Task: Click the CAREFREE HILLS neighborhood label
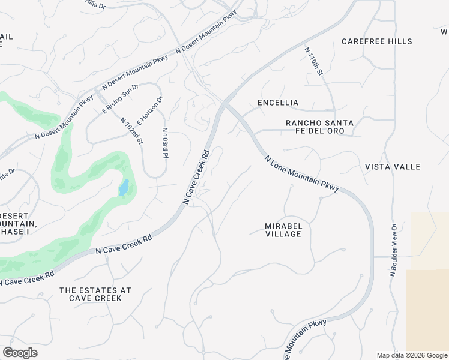pos(376,41)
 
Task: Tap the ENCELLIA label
pos(278,103)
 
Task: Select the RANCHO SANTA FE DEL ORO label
pos(319,127)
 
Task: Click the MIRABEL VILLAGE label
pos(283,230)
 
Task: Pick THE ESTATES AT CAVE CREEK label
pos(95,294)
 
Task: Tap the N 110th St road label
pos(314,62)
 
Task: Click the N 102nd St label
pos(131,131)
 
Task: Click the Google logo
pos(20,353)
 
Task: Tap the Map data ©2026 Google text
pos(411,355)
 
